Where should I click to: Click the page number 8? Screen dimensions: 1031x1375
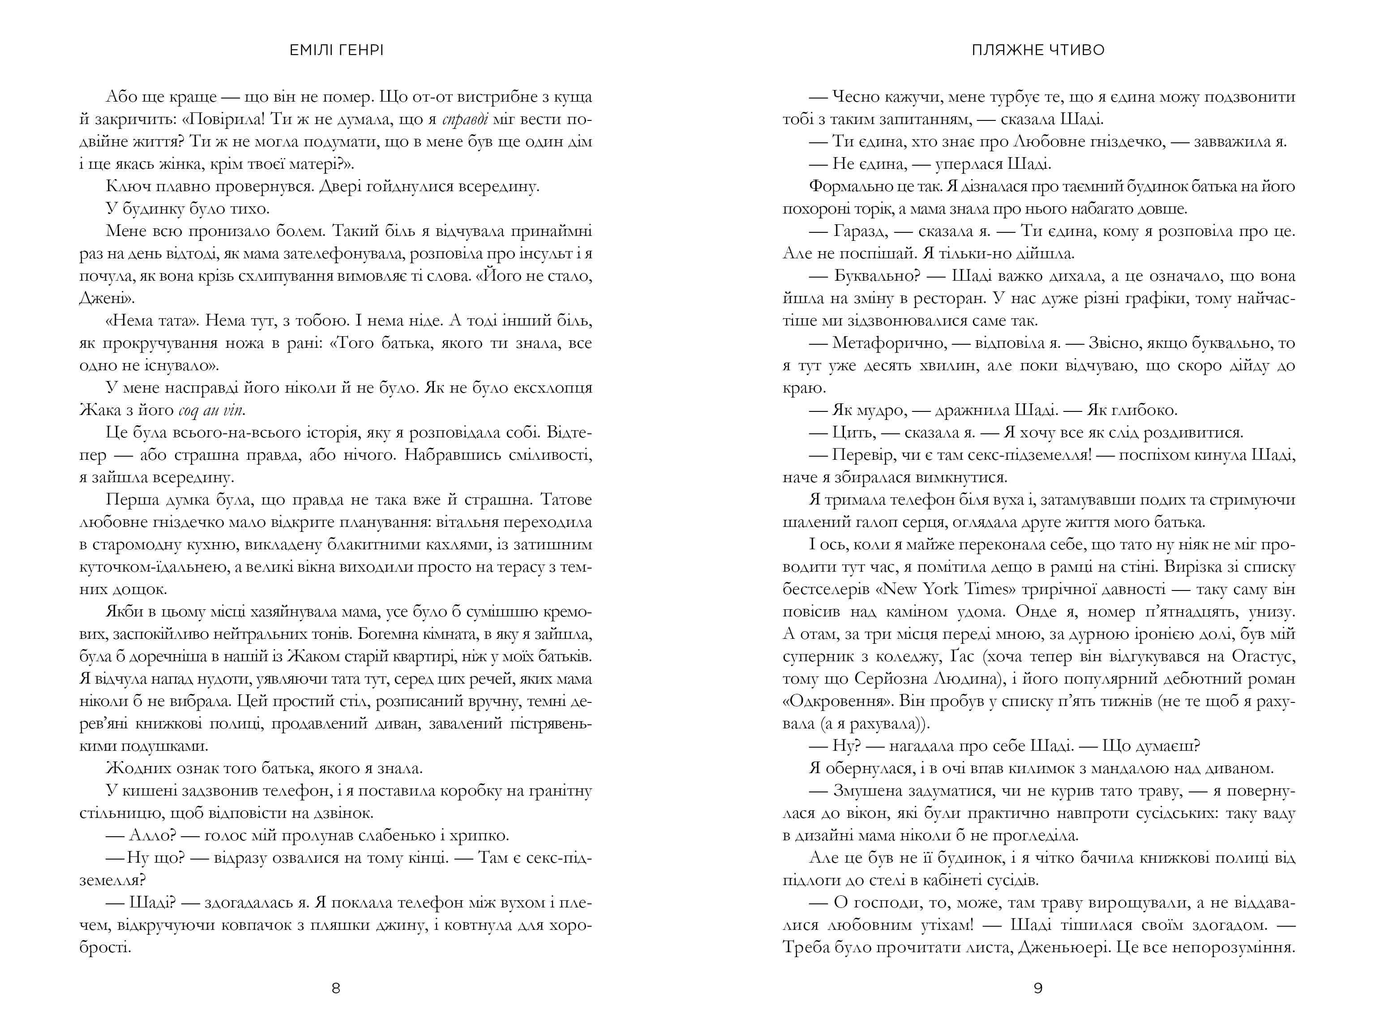[336, 988]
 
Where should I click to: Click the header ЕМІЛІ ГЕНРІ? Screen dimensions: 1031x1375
[336, 50]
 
